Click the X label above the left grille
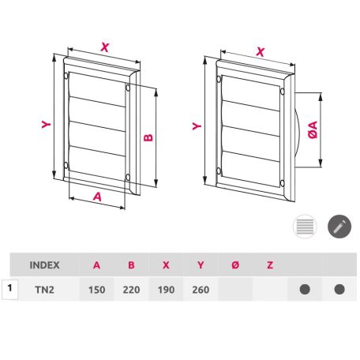pos(105,47)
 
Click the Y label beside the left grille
pos(47,124)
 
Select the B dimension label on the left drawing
pos(148,137)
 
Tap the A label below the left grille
pos(97,197)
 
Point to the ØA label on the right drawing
pos(313,129)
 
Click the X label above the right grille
pos(261,52)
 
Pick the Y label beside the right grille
pos(197,126)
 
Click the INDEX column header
pos(44,265)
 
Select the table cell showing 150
pos(96,290)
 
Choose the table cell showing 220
pos(131,290)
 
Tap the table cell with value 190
pos(166,290)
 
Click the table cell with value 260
pos(201,290)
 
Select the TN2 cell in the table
pos(44,290)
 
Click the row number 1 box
pos(9,289)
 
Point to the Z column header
pos(270,265)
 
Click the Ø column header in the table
pos(235,265)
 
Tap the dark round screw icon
pos(339,227)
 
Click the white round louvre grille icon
pos(305,227)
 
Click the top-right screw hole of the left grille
pos(128,88)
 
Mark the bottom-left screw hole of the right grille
pos(219,171)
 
